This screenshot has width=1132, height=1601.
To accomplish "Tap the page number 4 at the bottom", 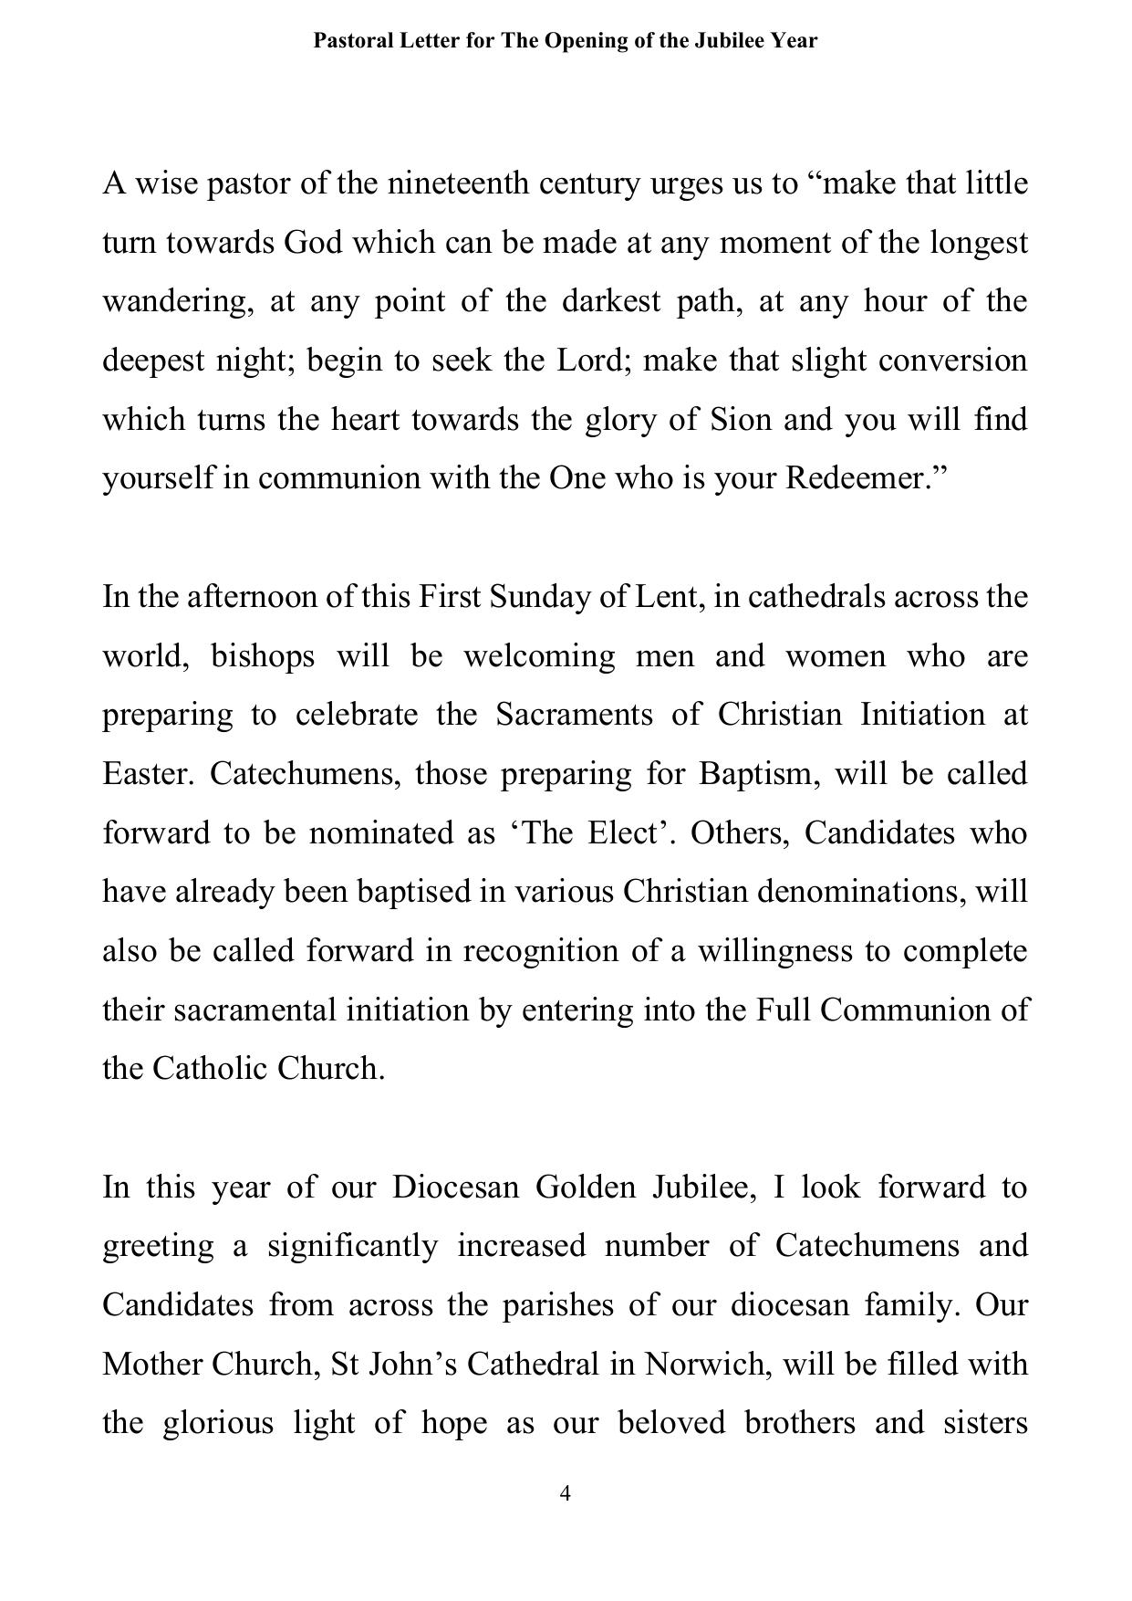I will [x=566, y=1493].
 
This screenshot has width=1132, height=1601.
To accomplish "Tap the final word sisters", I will [x=986, y=1424].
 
